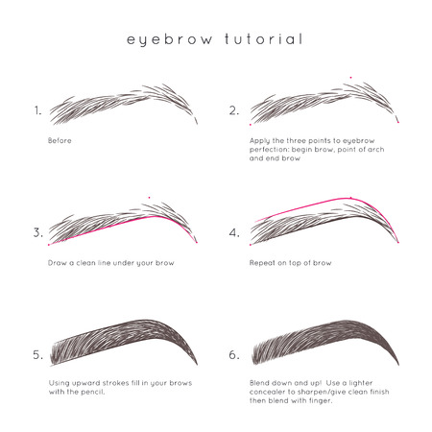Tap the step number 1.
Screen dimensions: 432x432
(37, 110)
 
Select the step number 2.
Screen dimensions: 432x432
(234, 110)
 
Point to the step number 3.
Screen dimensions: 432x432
(37, 232)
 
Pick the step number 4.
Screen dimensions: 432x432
(234, 232)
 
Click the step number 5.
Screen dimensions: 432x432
(37, 354)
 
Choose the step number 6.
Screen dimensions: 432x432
(234, 354)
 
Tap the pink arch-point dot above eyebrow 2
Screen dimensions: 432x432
(351, 77)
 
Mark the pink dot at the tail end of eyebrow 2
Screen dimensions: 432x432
(397, 122)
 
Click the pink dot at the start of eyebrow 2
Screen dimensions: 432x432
(250, 124)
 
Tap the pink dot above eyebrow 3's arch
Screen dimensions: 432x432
(150, 199)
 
